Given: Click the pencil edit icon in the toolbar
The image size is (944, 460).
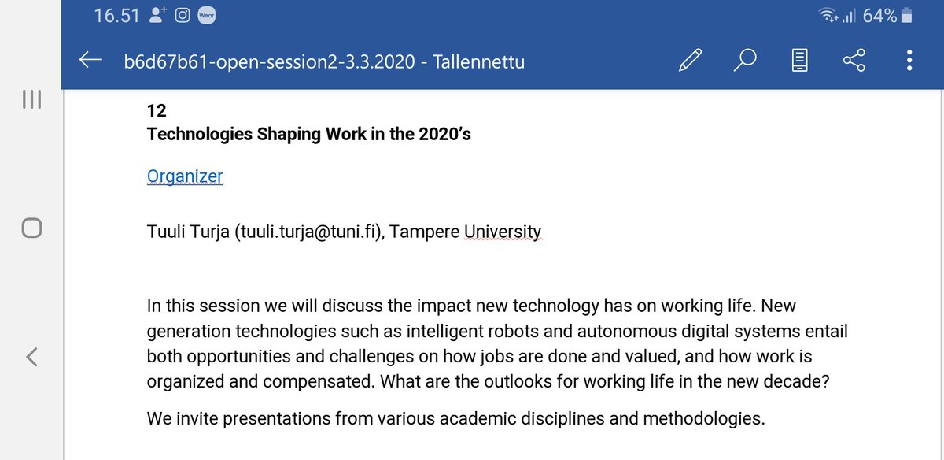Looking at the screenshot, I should [x=690, y=61].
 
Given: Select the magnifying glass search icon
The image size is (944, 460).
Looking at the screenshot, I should [x=746, y=61].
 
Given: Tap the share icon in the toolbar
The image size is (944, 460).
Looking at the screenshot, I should [x=854, y=61].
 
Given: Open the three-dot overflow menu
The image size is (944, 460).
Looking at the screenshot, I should [x=909, y=61].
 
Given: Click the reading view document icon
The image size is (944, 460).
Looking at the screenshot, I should [x=800, y=61].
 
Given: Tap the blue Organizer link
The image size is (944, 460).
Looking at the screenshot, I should [x=185, y=177].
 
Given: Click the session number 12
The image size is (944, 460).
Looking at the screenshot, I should [x=156, y=110].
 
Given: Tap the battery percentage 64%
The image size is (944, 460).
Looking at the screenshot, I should [x=879, y=15].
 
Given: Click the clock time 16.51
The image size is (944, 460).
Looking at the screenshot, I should [x=115, y=16].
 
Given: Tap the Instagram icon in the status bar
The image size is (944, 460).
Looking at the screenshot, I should [x=183, y=16].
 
